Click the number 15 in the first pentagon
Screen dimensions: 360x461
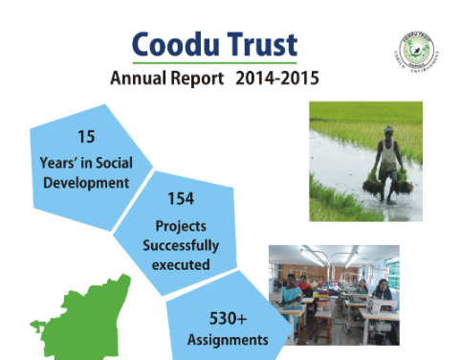pos(84,136)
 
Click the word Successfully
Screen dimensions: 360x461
pos(179,244)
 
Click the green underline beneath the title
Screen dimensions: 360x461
pos(212,62)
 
